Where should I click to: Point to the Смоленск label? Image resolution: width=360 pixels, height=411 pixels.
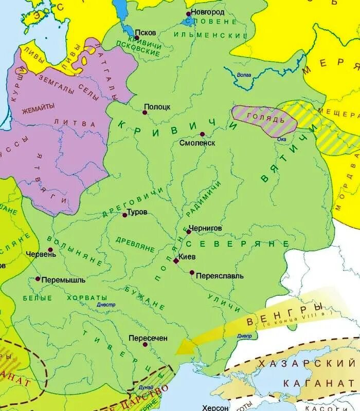[197, 143]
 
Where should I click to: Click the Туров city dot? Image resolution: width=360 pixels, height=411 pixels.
[124, 215]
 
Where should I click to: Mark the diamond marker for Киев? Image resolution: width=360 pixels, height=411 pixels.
[176, 261]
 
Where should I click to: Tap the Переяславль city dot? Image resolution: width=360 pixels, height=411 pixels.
[192, 272]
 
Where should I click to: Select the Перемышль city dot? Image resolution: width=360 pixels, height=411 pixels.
[38, 279]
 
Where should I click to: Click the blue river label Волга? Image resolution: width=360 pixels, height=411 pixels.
[244, 75]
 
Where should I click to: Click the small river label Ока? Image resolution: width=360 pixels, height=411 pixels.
[281, 139]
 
